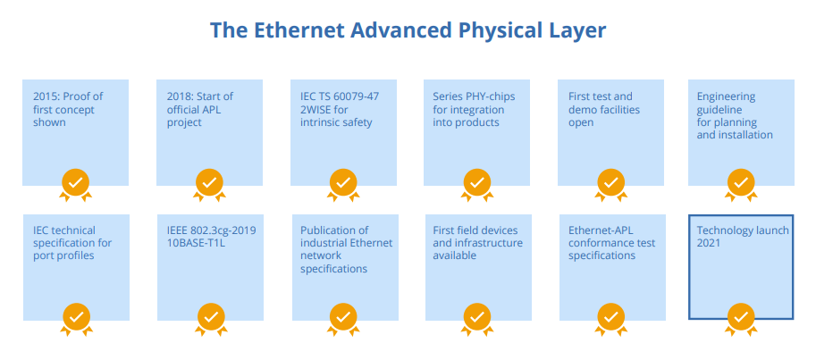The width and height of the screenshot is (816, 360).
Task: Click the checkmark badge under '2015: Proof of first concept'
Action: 75,182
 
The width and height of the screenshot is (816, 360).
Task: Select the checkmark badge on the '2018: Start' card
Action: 209,182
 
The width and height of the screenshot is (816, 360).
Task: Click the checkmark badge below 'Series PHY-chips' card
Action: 476,182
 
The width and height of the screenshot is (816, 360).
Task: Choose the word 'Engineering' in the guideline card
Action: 726,97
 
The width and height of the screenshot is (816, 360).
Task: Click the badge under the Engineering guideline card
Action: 740,182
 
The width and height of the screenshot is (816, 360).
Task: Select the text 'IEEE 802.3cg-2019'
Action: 211,230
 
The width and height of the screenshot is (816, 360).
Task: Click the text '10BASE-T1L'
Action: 196,243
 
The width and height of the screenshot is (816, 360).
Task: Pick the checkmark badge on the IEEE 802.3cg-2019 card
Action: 209,316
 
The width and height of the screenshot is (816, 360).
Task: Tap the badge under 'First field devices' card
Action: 476,316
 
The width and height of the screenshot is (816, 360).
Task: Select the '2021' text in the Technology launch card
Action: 709,243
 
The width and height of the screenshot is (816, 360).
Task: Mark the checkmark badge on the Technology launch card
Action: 740,316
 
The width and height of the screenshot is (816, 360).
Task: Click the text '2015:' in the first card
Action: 46,97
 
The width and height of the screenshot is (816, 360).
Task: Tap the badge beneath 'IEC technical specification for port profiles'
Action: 75,316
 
